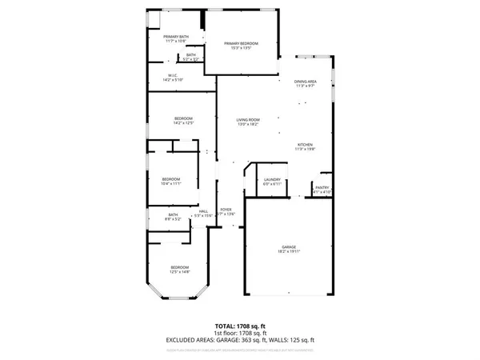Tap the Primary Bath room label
pyautogui.click(x=175, y=37)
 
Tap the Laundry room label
pyautogui.click(x=272, y=180)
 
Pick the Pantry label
pyautogui.click(x=322, y=189)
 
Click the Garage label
pyautogui.click(x=289, y=246)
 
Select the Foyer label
pyautogui.click(x=226, y=210)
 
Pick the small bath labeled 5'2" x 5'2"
pyautogui.click(x=191, y=56)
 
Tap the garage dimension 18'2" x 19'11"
pyautogui.click(x=289, y=251)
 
